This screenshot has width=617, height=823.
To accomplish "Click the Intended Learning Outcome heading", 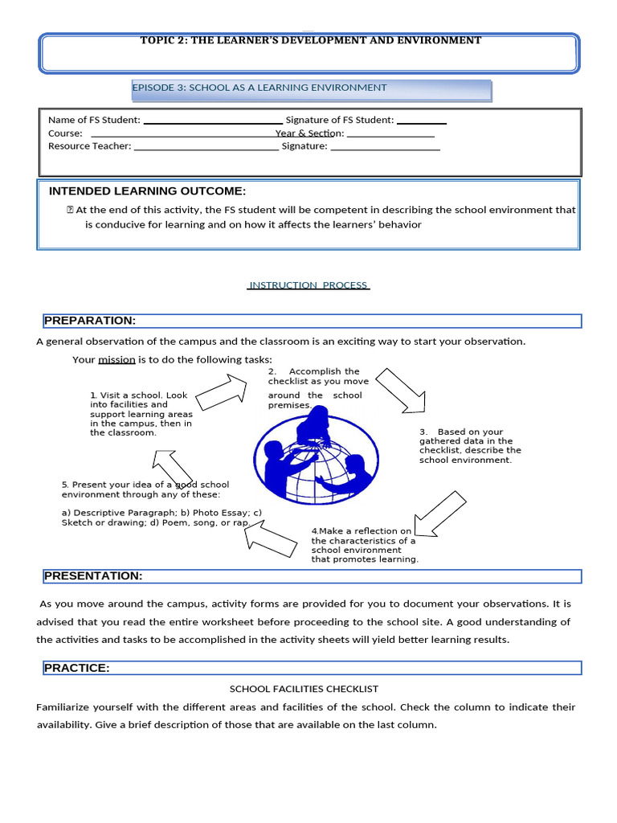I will tap(147, 191).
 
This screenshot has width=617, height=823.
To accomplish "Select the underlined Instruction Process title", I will tap(308, 285).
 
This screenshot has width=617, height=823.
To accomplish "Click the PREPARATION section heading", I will tap(90, 321).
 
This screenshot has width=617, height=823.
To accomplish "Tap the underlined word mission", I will tap(116, 359).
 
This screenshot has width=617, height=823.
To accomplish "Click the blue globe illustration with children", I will tap(313, 459).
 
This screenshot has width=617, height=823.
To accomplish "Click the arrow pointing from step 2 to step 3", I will tap(401, 391).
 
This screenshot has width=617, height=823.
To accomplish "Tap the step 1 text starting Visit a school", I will tap(141, 414).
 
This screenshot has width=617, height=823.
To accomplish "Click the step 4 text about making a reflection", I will tap(365, 545).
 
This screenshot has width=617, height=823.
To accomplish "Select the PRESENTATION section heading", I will tap(93, 576).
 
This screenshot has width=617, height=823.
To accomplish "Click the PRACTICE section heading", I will tap(77, 668).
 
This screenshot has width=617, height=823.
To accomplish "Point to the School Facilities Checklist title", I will tap(304, 689).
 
